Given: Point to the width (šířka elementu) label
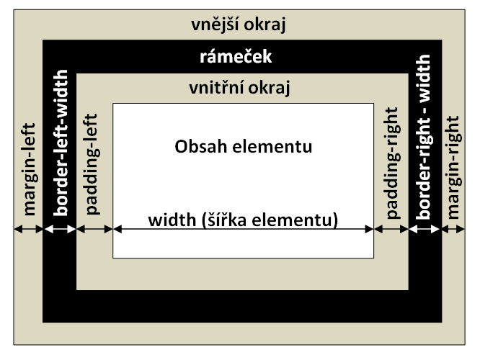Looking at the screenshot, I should pyautogui.click(x=243, y=218).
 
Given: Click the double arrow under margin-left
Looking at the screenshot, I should pyautogui.click(x=29, y=229).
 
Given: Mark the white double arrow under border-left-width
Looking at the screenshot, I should pyautogui.click(x=60, y=229).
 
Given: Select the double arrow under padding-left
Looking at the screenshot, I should pyautogui.click(x=94, y=229).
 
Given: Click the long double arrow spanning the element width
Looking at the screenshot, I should pyautogui.click(x=243, y=230).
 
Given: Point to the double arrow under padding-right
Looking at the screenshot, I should pyautogui.click(x=391, y=229).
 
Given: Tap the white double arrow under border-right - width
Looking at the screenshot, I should pyautogui.click(x=425, y=229).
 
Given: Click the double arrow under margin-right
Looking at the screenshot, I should pyautogui.click(x=454, y=229).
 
